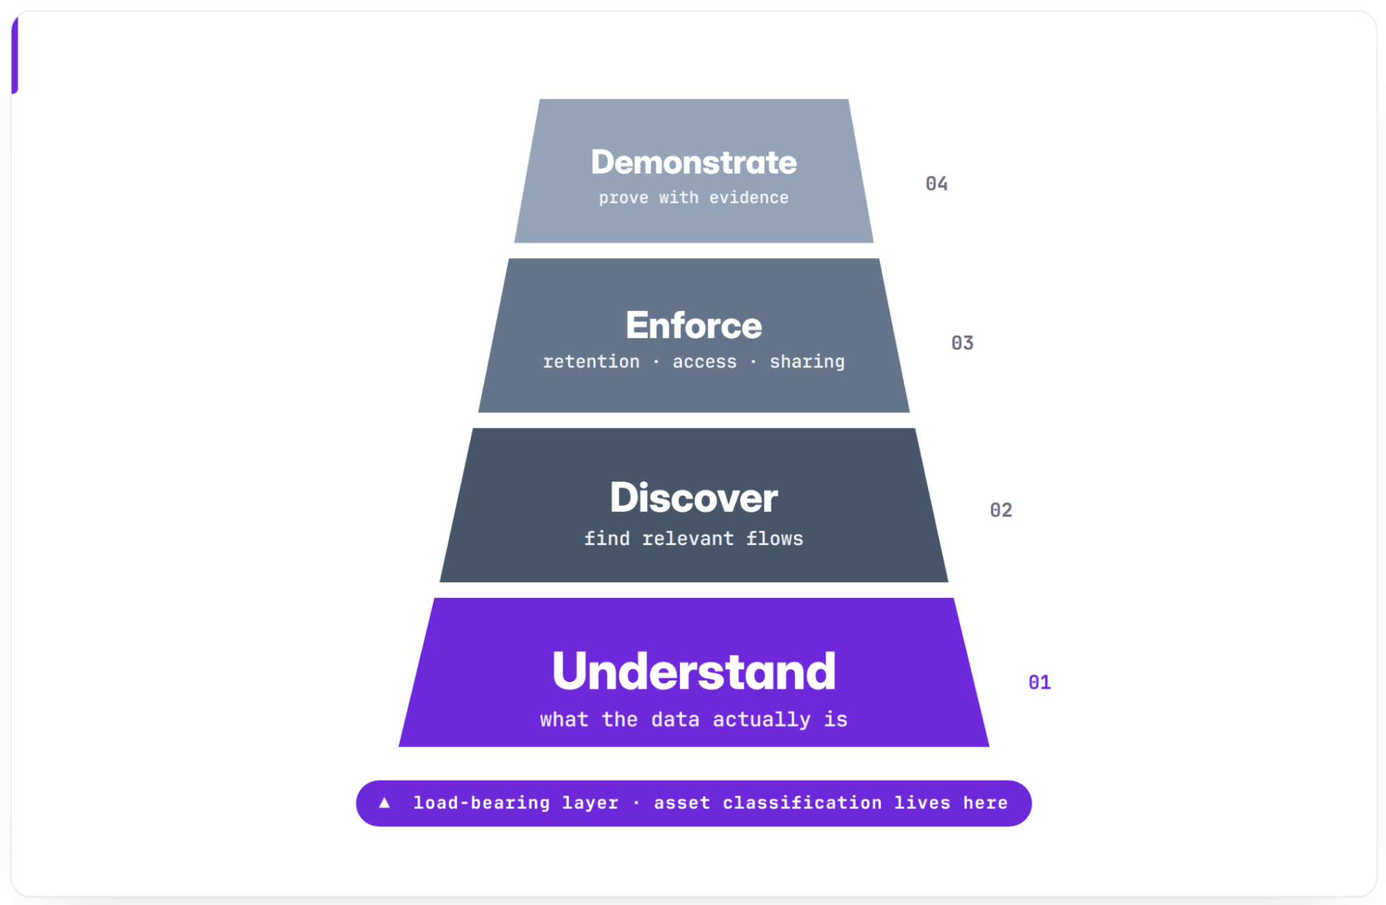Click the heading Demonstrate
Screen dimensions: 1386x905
coord(694,163)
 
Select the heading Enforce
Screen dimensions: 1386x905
coord(694,325)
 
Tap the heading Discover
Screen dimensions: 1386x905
coord(694,497)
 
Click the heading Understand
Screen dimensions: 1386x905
coord(694,671)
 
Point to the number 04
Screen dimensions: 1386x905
coord(937,183)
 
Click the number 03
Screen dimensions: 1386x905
coord(962,343)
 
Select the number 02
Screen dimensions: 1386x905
coord(1001,510)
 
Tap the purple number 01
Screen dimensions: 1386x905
coord(1039,683)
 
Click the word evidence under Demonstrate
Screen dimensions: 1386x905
coord(749,198)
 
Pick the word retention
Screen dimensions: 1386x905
coord(591,362)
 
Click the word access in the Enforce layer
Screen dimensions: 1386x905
coord(704,362)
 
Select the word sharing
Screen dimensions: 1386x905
coord(807,362)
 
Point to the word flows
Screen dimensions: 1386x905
coord(774,538)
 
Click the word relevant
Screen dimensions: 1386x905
coord(687,538)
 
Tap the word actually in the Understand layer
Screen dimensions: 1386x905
coord(761,720)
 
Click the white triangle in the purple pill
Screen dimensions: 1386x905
coord(384,803)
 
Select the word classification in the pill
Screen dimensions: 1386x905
coord(802,803)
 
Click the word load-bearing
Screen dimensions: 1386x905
coord(481,803)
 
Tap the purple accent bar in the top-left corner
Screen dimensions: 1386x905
coord(15,54)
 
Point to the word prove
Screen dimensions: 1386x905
coord(624,198)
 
